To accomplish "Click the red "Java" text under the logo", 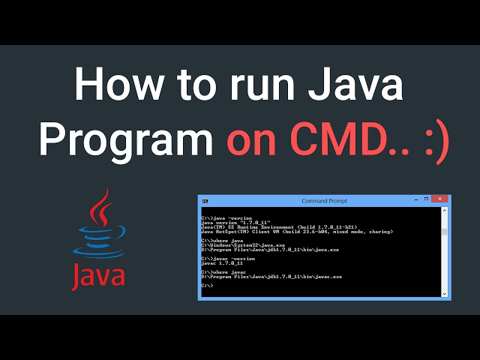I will coord(98,274).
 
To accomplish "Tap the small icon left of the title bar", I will coord(205,201).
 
